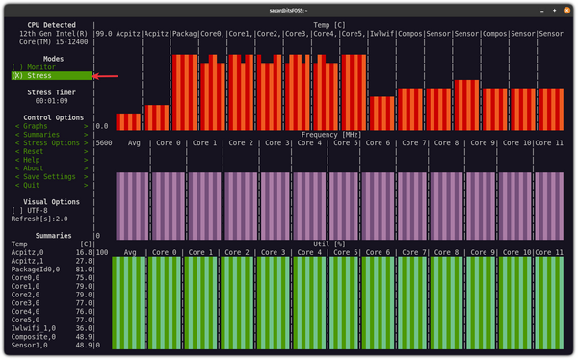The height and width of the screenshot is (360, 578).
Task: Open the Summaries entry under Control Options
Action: coord(40,135)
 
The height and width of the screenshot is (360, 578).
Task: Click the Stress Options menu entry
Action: coord(49,143)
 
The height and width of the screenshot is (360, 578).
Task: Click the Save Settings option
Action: coord(46,177)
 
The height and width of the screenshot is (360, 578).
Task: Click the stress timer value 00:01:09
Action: coord(53,100)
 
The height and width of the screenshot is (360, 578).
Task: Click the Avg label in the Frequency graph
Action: coord(133,143)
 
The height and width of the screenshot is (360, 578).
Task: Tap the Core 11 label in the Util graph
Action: coord(546,253)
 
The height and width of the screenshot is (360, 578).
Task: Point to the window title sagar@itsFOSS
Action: coord(289,8)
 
